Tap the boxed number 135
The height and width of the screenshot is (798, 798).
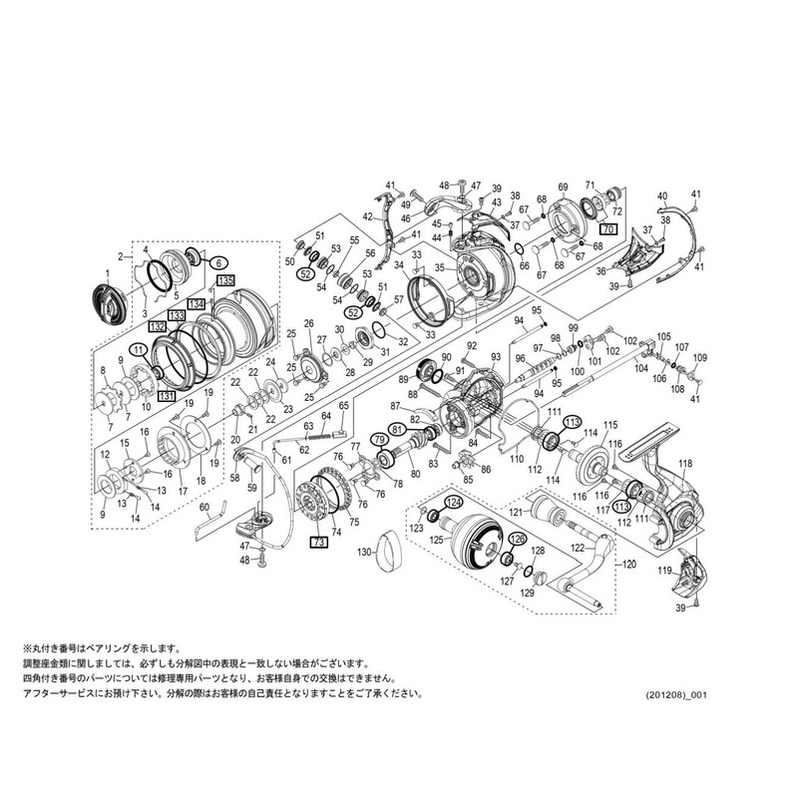pos(224,280)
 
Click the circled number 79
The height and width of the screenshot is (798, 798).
pos(379,439)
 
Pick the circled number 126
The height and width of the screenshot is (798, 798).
pos(517,540)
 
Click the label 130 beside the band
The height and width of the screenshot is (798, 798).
pos(364,552)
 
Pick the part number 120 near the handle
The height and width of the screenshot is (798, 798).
pos(628,563)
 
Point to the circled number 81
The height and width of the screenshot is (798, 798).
pos(398,430)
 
